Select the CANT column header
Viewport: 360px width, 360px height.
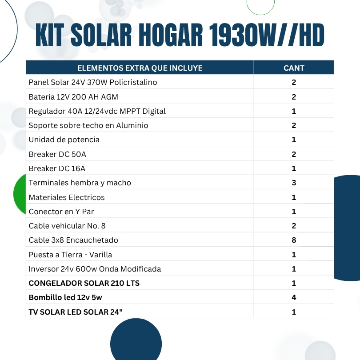[294, 68]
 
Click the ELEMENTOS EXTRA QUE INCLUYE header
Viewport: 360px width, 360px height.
[140, 68]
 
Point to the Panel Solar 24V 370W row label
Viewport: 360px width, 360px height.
[92, 82]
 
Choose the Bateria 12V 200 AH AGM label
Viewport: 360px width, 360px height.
[73, 97]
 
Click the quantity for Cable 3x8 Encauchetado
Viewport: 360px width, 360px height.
[294, 240]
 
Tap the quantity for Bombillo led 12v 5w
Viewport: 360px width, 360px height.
[294, 297]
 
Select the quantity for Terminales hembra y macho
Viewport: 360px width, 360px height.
[294, 183]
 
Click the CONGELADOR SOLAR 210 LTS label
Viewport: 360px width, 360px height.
[84, 283]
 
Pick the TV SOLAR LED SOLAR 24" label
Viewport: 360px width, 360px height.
[76, 312]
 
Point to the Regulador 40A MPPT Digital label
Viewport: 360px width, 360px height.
[97, 111]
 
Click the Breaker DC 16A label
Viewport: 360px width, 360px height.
[56, 168]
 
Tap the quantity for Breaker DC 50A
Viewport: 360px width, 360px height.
[294, 154]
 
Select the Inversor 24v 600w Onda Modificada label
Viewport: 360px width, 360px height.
[95, 269]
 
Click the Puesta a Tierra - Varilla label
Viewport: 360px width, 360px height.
[70, 255]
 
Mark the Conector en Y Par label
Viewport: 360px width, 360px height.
[61, 212]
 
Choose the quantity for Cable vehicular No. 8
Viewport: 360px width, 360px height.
[294, 226]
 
